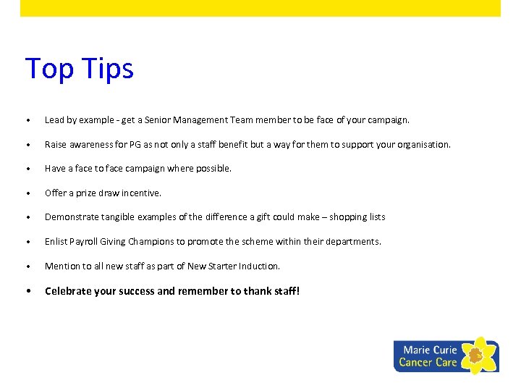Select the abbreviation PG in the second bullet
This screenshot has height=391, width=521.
tap(136, 144)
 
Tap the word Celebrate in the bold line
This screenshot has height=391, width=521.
tap(68, 291)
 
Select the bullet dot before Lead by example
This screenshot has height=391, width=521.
tap(27, 120)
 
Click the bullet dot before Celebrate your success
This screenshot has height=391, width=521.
tap(27, 292)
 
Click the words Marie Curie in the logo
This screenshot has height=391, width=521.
tap(430, 350)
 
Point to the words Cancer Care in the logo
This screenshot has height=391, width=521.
tap(428, 362)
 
